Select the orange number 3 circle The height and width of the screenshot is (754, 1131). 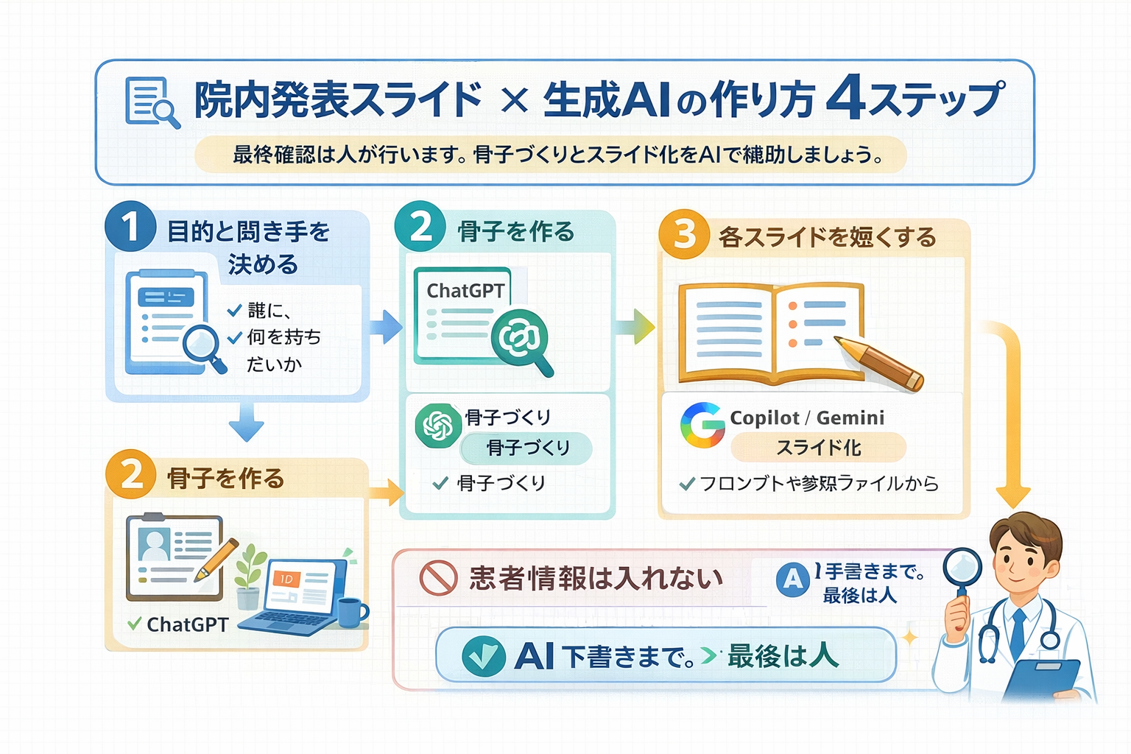tap(684, 234)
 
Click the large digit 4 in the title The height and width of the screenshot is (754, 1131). tap(845, 99)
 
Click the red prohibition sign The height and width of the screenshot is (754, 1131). tap(438, 577)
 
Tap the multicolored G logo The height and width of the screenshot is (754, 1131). tap(702, 425)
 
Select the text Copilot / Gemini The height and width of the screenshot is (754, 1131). tap(806, 417)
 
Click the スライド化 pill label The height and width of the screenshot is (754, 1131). tap(818, 447)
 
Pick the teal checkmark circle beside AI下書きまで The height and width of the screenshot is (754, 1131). tap(483, 655)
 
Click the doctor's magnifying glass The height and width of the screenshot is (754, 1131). tap(962, 568)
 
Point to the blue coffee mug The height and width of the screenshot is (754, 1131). tap(353, 612)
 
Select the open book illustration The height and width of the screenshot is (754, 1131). tap(771, 333)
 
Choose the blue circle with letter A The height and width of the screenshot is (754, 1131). tap(792, 579)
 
